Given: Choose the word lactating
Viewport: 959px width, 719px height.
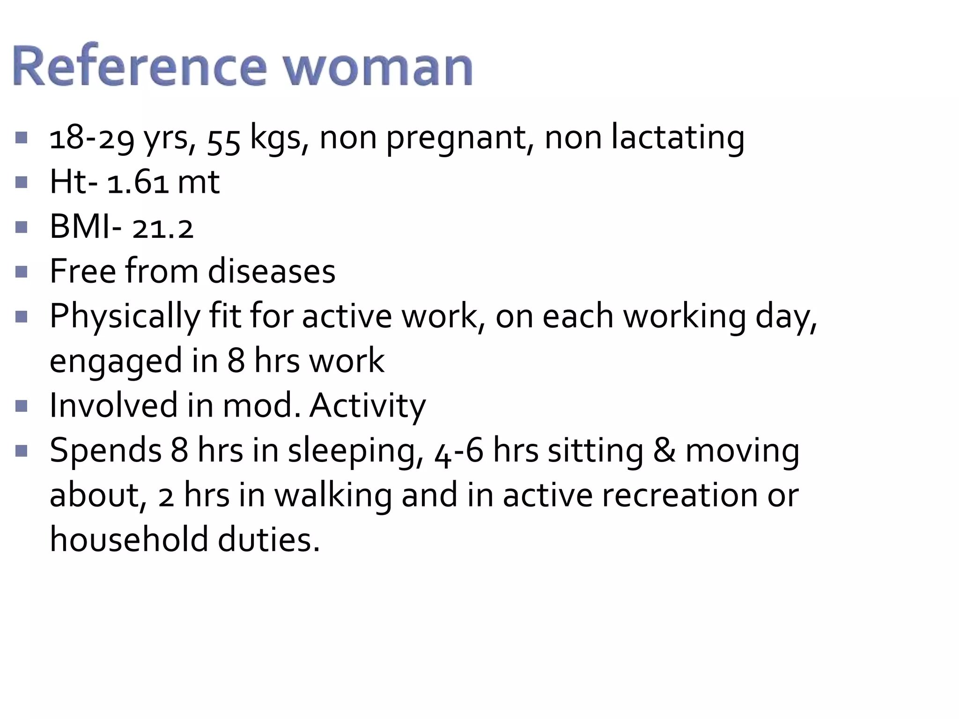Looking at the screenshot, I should click(678, 138).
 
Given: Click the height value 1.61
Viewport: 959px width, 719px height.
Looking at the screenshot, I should click(138, 183).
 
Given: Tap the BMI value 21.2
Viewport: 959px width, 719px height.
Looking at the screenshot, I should click(162, 228).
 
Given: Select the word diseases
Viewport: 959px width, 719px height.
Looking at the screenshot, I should click(272, 271).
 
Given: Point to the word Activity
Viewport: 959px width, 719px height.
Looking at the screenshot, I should click(368, 405).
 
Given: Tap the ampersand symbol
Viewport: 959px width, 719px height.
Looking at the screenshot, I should click(664, 450).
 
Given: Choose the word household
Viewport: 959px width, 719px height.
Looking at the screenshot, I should click(129, 539).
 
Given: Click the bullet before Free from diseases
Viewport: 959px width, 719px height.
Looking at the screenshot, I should click(21, 272).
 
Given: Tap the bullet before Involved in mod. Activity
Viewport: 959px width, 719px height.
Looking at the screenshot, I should click(21, 406).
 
